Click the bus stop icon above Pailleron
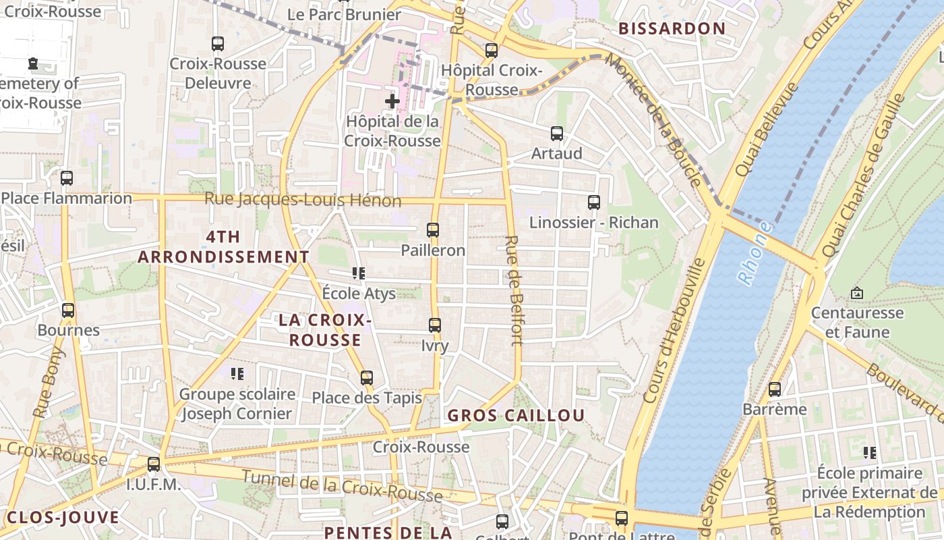click(x=433, y=230)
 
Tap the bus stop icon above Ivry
click(x=435, y=325)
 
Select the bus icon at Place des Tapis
click(x=367, y=378)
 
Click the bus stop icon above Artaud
click(x=557, y=134)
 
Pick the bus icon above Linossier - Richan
click(x=594, y=202)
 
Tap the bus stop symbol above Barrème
click(x=775, y=389)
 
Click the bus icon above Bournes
click(x=68, y=310)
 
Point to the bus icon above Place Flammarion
click(x=67, y=178)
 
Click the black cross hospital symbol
click(x=392, y=101)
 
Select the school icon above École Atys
click(x=359, y=273)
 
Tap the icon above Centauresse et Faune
click(x=856, y=293)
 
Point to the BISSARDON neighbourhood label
click(x=672, y=28)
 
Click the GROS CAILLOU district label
click(x=516, y=415)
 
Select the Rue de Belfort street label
click(x=514, y=290)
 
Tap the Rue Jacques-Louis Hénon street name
click(x=303, y=200)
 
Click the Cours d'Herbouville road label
click(x=674, y=331)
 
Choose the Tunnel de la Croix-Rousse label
click(x=342, y=486)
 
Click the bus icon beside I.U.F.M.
click(x=154, y=464)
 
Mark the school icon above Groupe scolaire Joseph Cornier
click(x=237, y=373)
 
